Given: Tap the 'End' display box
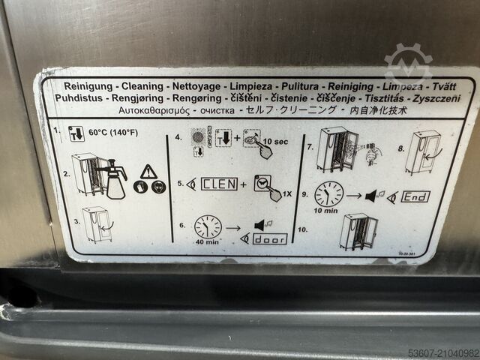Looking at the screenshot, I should [x=416, y=197].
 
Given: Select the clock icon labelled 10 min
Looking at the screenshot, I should [x=328, y=194].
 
